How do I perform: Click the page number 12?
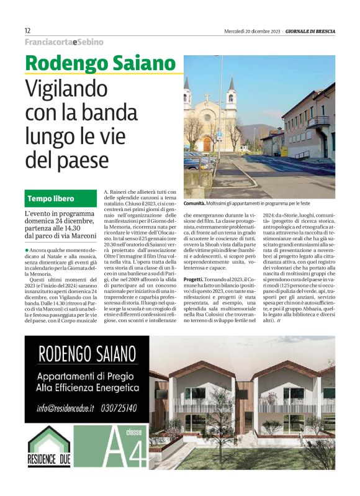tap(27, 30)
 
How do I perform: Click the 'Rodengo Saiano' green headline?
tap(101, 63)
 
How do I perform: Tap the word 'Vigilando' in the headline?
tap(73, 91)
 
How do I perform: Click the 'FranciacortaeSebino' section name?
tap(64, 42)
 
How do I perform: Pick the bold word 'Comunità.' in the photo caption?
tap(196, 204)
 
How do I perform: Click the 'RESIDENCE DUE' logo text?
tap(49, 462)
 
